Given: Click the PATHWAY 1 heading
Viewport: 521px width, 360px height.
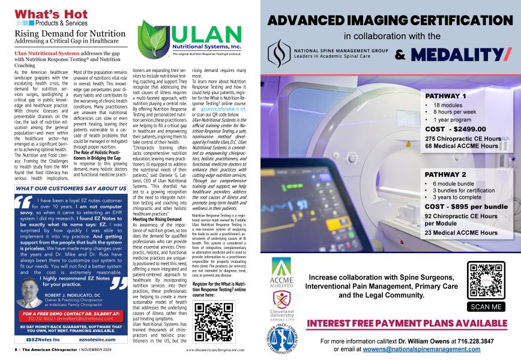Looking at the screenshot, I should (x=445, y=96).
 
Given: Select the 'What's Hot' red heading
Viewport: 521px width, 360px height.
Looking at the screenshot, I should (x=44, y=13).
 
